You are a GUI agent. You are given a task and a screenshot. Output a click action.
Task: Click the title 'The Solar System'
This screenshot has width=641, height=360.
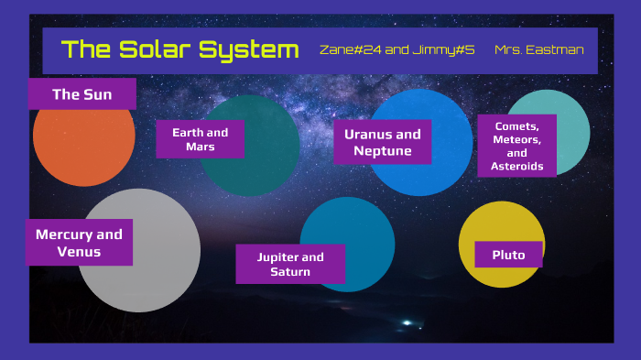coord(179,49)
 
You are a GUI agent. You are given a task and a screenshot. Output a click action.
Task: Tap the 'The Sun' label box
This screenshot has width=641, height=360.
coord(82,93)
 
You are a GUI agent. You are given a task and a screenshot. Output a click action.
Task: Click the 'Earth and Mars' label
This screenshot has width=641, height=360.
coord(200,139)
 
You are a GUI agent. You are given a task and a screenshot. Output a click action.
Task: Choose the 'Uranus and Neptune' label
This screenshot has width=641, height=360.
coord(382,142)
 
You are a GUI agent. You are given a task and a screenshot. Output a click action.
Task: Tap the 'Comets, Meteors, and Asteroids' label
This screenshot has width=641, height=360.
coord(517,146)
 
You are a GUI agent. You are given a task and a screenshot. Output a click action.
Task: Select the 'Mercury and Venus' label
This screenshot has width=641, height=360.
coord(79,243)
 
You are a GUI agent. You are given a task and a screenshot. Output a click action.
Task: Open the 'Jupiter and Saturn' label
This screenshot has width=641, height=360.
coord(290,264)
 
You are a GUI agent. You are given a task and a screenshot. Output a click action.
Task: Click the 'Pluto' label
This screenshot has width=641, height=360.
coord(508,255)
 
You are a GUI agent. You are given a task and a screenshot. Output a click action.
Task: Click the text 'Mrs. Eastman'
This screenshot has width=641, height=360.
coord(538,49)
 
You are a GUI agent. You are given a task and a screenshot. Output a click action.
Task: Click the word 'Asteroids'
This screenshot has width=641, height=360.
coord(517,167)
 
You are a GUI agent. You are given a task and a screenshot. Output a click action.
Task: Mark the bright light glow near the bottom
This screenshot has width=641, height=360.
coord(407,322)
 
